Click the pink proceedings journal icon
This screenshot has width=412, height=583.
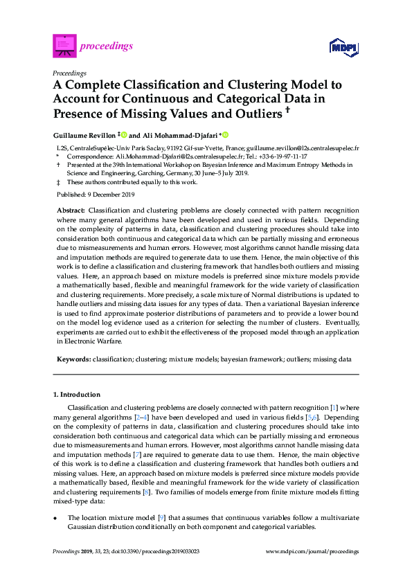pyautogui.click(x=64, y=46)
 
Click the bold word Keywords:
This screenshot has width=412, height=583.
pyautogui.click(x=73, y=360)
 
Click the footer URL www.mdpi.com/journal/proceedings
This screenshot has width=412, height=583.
pyautogui.click(x=312, y=552)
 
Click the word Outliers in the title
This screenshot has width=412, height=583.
pyautogui.click(x=248, y=113)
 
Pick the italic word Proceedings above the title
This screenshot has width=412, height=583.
pyautogui.click(x=69, y=73)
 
